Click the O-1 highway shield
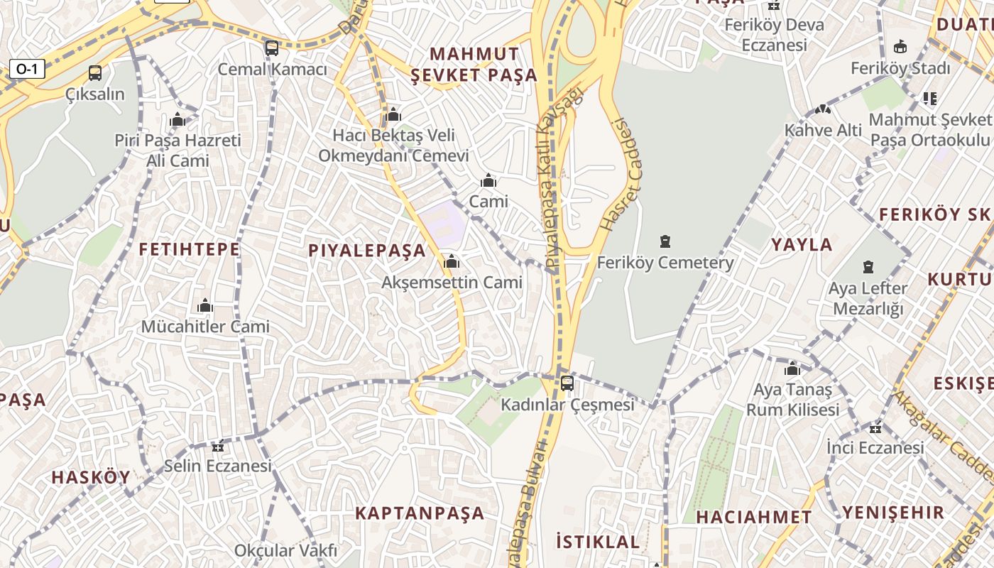pos(27,69)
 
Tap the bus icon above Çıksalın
pos(94,73)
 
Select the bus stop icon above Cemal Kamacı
pos(272,48)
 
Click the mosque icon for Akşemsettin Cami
pos(452,261)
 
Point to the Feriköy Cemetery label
pos(665,263)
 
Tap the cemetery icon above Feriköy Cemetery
pos(665,241)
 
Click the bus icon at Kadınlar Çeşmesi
pos(567,383)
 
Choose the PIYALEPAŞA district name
pos(367,250)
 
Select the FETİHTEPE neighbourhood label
pos(189,249)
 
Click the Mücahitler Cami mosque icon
pos(205,306)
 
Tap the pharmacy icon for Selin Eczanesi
pos(218,446)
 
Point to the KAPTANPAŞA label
pos(420,513)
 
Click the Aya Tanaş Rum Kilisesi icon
pos(792,369)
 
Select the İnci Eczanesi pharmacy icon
pos(875,427)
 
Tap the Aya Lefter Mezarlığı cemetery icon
pos(868,267)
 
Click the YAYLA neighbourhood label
pos(802,245)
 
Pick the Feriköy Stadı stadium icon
pos(900,47)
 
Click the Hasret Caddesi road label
pos(616,175)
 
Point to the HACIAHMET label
pos(753,517)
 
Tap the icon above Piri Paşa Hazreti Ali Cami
pos(178,119)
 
